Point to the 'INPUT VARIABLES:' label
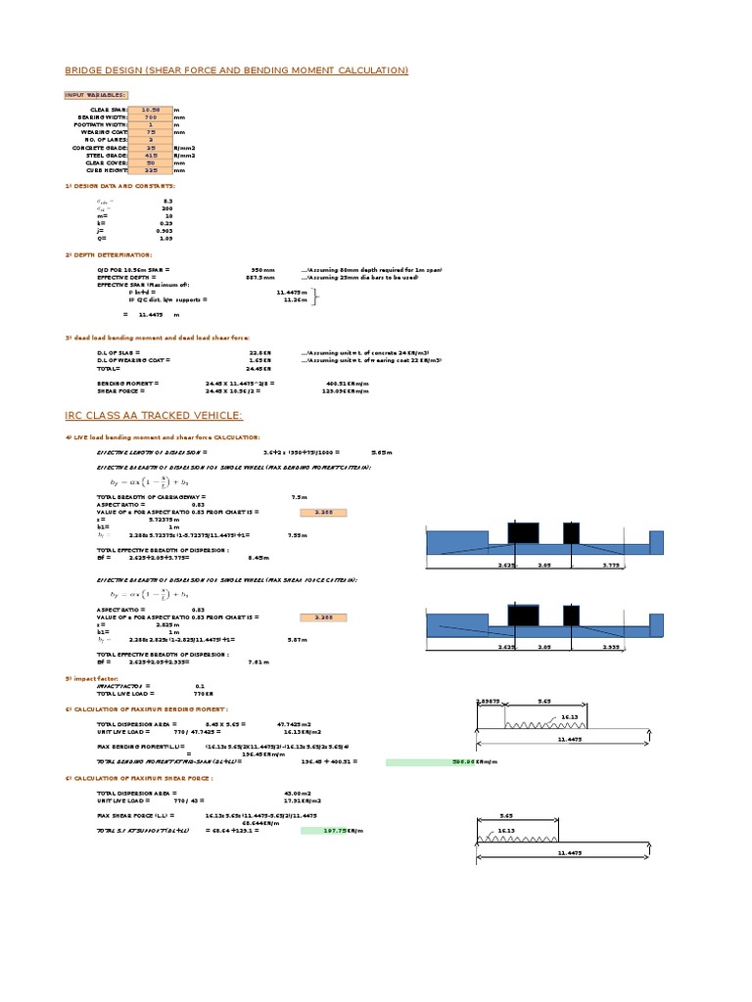95,95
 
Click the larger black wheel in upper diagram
522,534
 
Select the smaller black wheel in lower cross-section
571,616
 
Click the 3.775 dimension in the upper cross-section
610,564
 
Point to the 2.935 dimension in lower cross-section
610,647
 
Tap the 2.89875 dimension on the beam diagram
488,702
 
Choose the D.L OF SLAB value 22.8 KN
258,352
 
